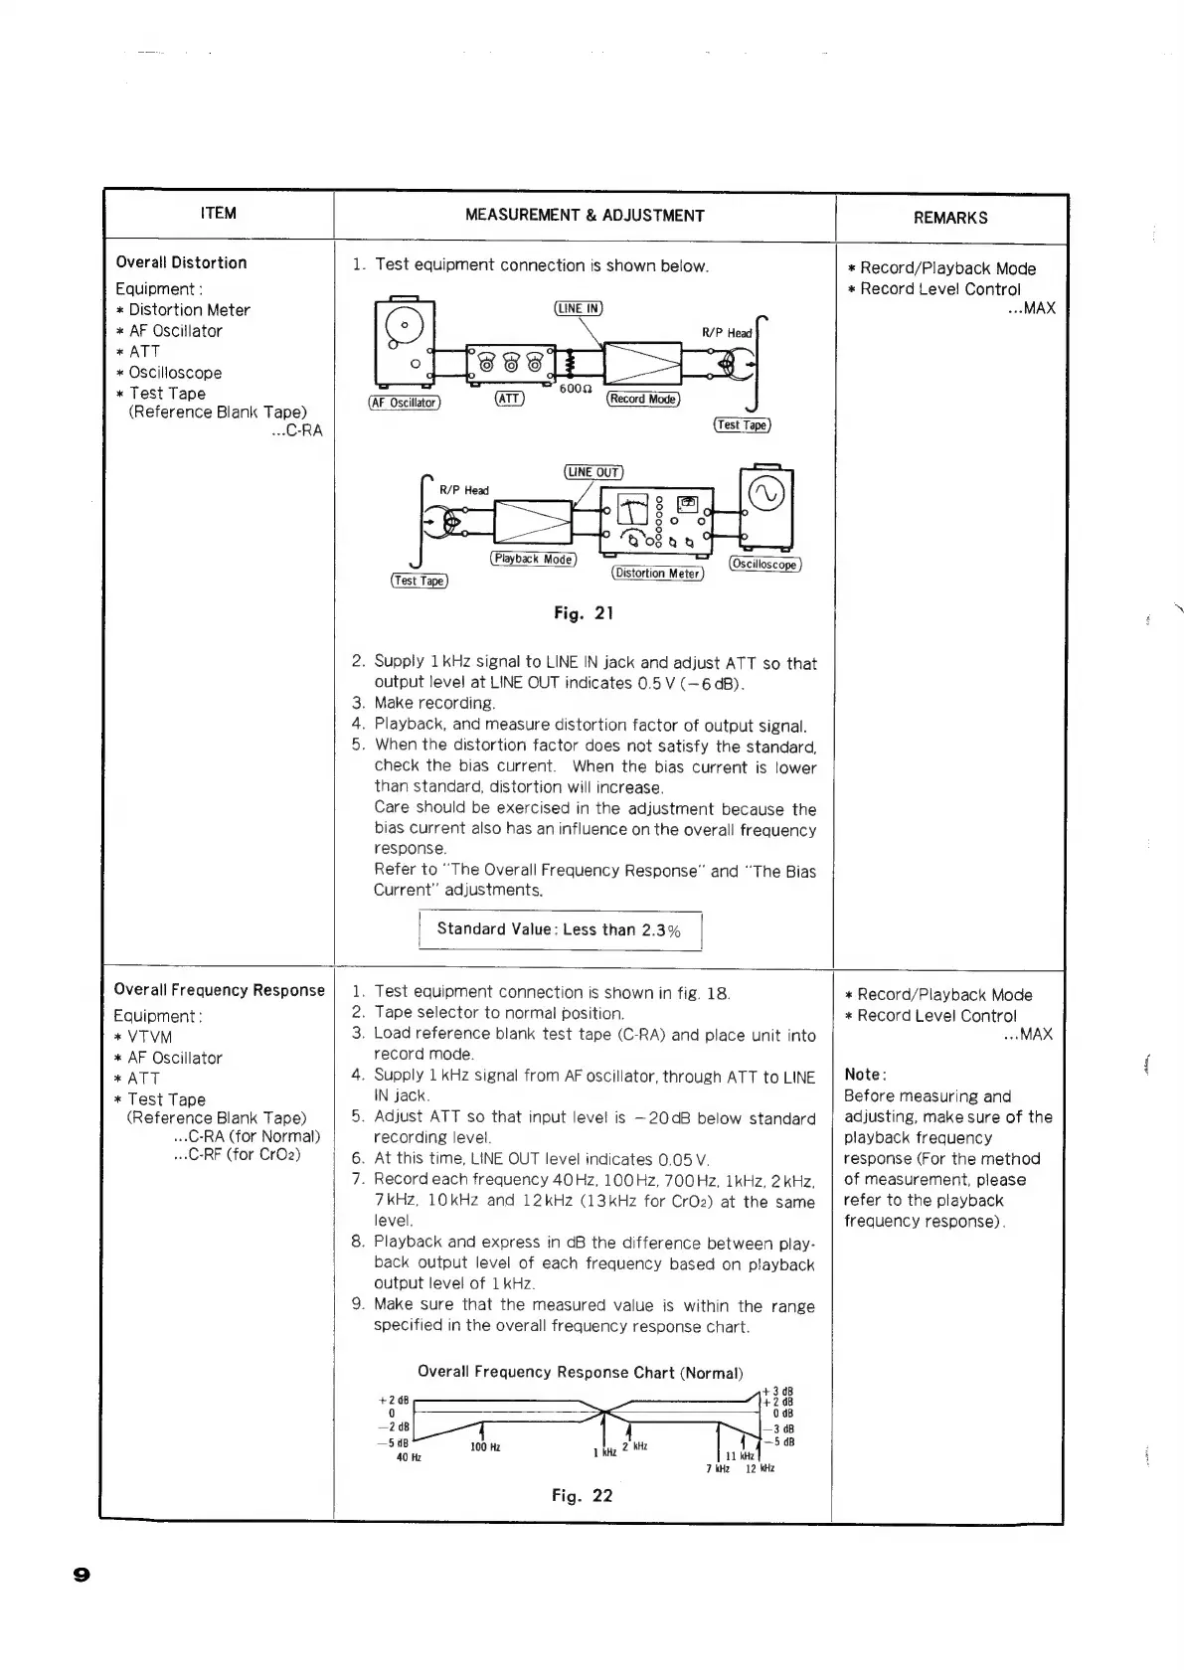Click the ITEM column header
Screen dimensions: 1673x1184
pyautogui.click(x=219, y=213)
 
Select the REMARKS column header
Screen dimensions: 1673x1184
pyautogui.click(x=950, y=218)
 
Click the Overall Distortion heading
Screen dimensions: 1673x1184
pyautogui.click(x=181, y=262)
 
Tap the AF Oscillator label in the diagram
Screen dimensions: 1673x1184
pyautogui.click(x=404, y=403)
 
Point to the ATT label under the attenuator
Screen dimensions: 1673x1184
pyautogui.click(x=509, y=399)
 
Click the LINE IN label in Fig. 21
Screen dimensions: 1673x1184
pyautogui.click(x=578, y=308)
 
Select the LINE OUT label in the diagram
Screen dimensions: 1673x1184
pyautogui.click(x=593, y=472)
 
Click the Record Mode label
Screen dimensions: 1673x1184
pyautogui.click(x=643, y=399)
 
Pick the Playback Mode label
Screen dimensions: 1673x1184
pyautogui.click(x=533, y=559)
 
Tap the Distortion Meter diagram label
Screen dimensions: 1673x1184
pyautogui.click(x=658, y=573)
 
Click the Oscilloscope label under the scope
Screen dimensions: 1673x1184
pyautogui.click(x=764, y=564)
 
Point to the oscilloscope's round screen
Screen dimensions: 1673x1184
pyautogui.click(x=766, y=494)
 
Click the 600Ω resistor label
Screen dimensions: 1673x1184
pyautogui.click(x=576, y=389)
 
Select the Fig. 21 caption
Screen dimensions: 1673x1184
pyautogui.click(x=584, y=613)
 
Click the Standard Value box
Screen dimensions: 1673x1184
pyautogui.click(x=560, y=930)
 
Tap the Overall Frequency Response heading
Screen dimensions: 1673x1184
pyautogui.click(x=220, y=990)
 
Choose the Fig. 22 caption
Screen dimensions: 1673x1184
pyautogui.click(x=583, y=1496)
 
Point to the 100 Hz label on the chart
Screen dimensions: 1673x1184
pyautogui.click(x=485, y=1447)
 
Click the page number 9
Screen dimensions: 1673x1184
pyautogui.click(x=82, y=1574)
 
